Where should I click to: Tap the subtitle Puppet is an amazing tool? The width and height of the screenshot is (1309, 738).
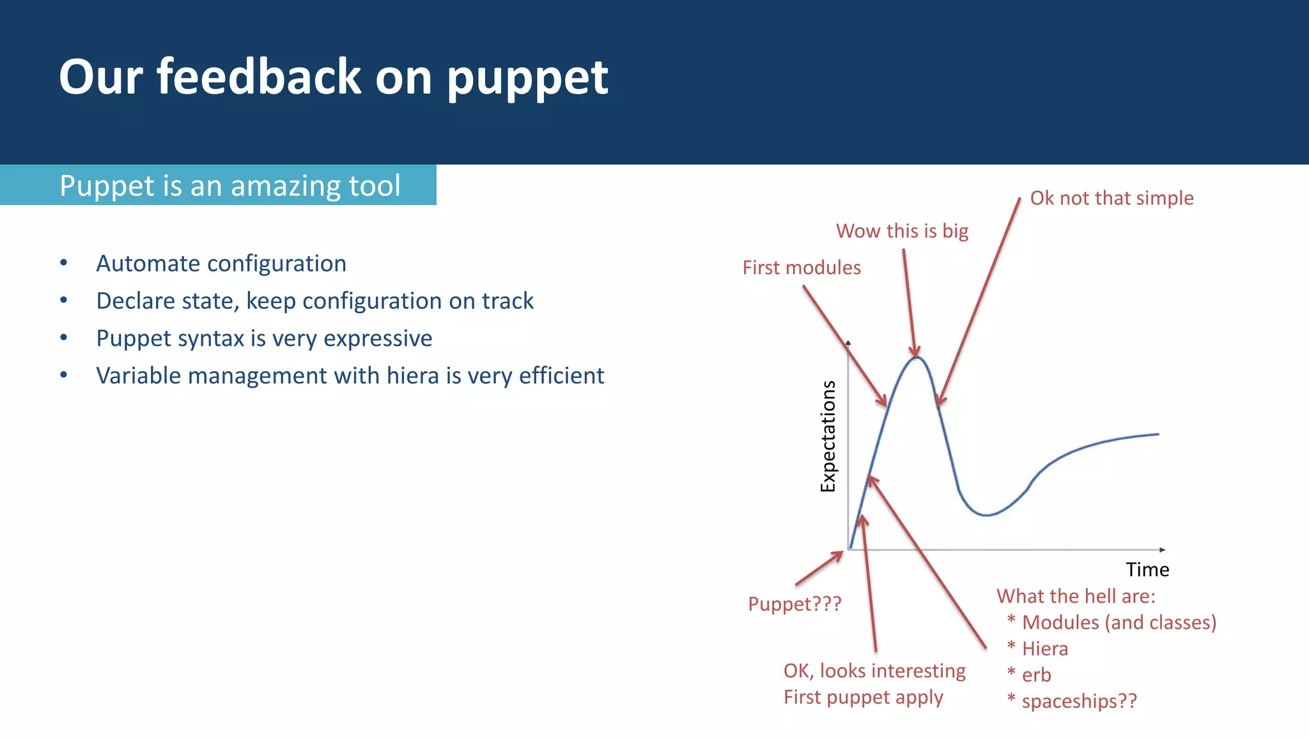pyautogui.click(x=229, y=186)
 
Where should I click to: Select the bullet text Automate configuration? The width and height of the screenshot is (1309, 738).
pyautogui.click(x=221, y=264)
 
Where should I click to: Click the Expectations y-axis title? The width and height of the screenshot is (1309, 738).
pyautogui.click(x=828, y=436)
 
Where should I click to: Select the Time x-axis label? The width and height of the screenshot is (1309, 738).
pyautogui.click(x=1147, y=569)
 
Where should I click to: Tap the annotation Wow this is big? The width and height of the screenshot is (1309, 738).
pyautogui.click(x=902, y=231)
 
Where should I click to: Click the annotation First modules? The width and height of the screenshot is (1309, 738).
pyautogui.click(x=802, y=268)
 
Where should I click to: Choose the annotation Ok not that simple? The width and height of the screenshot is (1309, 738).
pyautogui.click(x=1111, y=198)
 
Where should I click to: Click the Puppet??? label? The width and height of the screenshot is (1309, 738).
pyautogui.click(x=794, y=604)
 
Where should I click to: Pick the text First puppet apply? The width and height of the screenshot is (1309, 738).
pyautogui.click(x=863, y=697)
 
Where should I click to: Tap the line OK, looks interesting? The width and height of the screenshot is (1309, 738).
pyautogui.click(x=874, y=671)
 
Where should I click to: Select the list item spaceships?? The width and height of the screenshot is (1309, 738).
pyautogui.click(x=1079, y=701)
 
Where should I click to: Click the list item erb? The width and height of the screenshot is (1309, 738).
pyautogui.click(x=1036, y=675)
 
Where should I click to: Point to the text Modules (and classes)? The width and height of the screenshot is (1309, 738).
pyautogui.click(x=1119, y=622)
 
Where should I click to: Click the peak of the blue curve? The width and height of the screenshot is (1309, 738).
pyautogui.click(x=917, y=358)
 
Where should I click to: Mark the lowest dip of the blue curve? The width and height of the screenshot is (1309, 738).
pyautogui.click(x=987, y=515)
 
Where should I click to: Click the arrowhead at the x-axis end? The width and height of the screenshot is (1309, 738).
pyautogui.click(x=1162, y=550)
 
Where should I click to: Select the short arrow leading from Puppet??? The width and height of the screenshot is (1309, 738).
pyautogui.click(x=819, y=568)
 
